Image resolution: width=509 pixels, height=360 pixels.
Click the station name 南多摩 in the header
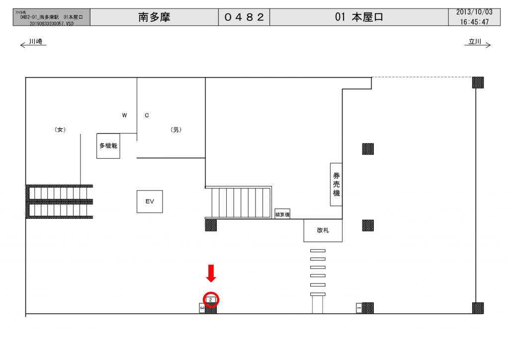[154, 17]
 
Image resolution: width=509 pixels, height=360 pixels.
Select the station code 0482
[244, 17]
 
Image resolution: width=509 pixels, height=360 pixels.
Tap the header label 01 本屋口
[359, 17]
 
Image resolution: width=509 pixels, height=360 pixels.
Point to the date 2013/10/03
[474, 12]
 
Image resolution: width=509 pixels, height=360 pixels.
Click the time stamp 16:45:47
[474, 22]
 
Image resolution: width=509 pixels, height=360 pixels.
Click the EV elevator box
[150, 201]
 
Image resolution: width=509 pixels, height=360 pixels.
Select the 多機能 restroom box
[108, 146]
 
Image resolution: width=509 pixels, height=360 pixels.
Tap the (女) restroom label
[60, 130]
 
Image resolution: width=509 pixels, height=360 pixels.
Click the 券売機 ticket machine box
[337, 184]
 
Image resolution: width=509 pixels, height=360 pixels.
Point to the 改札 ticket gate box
[323, 231]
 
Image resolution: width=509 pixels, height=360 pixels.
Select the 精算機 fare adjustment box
[282, 214]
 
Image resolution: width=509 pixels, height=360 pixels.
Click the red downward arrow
[211, 273]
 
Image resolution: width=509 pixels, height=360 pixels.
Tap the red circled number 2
[211, 299]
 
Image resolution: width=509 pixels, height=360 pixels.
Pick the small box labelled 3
[202, 308]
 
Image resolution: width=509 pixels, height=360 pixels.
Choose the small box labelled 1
[359, 308]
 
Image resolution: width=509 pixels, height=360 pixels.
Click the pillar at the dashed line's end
[478, 83]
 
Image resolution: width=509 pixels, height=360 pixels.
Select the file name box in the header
[51, 17]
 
